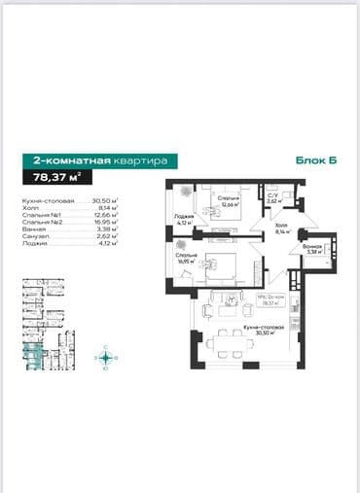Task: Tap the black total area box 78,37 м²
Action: coord(57,176)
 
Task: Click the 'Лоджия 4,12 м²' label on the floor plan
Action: coord(181,220)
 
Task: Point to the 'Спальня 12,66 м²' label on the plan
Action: coord(230,201)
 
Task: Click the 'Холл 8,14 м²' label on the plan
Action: coord(281,230)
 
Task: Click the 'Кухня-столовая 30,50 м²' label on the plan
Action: coord(237,330)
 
